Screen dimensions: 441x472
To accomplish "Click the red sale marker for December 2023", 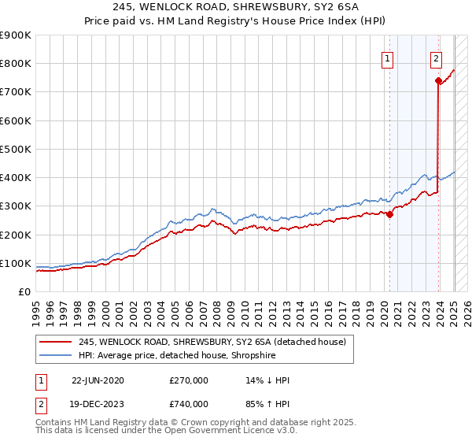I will pos(437,80).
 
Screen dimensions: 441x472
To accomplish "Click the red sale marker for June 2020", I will pos(389,214).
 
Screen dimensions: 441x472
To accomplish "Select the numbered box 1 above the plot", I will pos(389,57).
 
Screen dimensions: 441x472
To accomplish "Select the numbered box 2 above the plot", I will pos(436,57).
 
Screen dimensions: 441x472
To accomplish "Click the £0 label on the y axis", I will pos(25,291).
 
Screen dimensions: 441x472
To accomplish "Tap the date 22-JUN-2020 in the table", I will pos(98,380).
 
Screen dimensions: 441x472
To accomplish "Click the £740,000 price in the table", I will pos(189,404).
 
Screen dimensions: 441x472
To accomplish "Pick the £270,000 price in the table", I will pos(189,380).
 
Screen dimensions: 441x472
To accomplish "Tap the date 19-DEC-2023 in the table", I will pos(98,404).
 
